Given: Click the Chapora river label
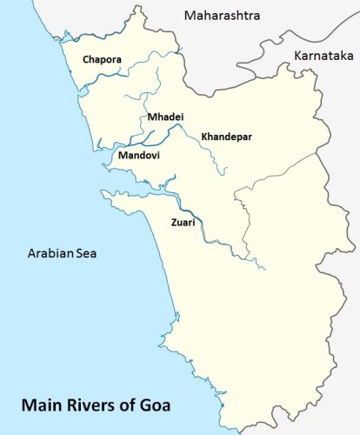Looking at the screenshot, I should (103, 59).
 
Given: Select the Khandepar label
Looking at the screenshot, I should (227, 137).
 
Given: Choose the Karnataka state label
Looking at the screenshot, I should (323, 56).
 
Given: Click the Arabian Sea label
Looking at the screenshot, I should (63, 253).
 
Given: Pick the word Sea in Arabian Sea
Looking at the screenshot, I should (88, 253).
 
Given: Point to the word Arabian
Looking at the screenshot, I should (50, 253).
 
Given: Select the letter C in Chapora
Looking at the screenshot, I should (86, 59).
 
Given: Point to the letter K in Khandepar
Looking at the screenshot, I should (204, 137).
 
